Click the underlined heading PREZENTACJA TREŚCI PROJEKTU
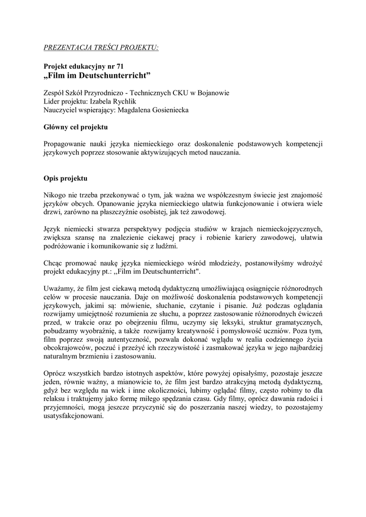tap(101, 48)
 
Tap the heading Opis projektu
tap(66, 179)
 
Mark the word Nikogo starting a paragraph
tap(55, 196)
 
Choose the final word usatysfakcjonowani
tap(74, 417)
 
